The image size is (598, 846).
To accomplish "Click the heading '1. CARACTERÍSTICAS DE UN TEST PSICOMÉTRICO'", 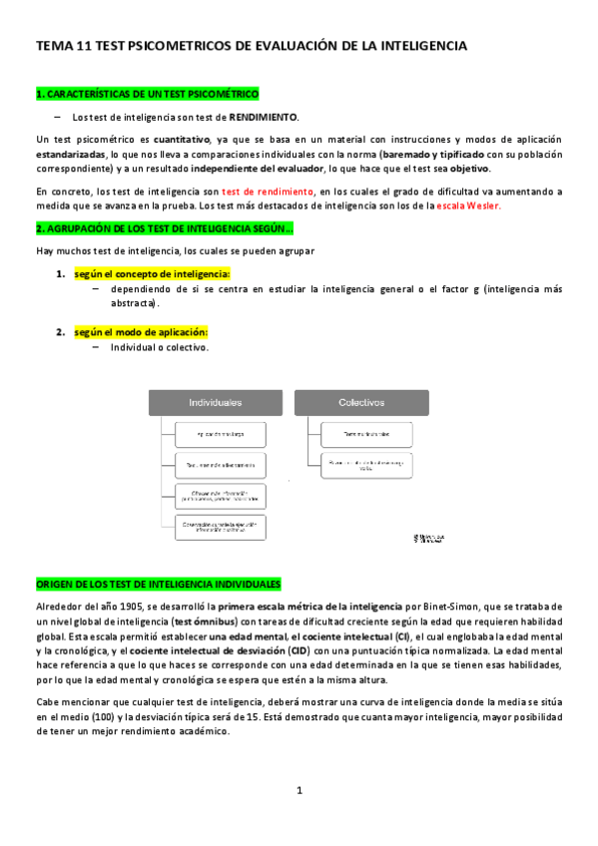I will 147,95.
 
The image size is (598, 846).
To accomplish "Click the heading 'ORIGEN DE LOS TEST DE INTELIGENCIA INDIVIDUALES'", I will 158,584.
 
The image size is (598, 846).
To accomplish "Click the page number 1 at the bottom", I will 299,791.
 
